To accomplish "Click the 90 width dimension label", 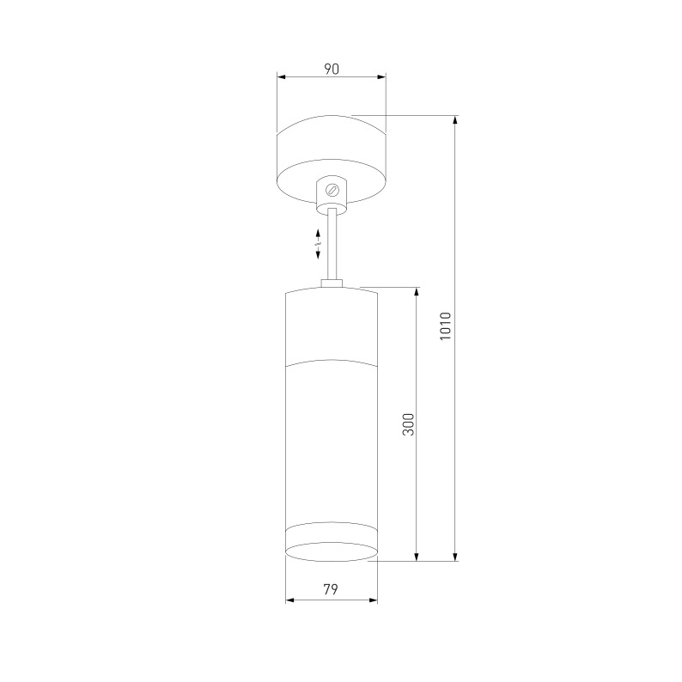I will pos(331,69).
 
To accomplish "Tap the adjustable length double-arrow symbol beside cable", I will pos(318,244).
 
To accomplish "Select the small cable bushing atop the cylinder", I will pos(332,283).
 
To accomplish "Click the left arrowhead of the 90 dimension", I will pos(281,77).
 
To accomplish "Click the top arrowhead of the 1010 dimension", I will pos(455,119).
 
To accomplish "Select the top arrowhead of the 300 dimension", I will pos(417,291).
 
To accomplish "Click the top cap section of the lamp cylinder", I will pos(331,326).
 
